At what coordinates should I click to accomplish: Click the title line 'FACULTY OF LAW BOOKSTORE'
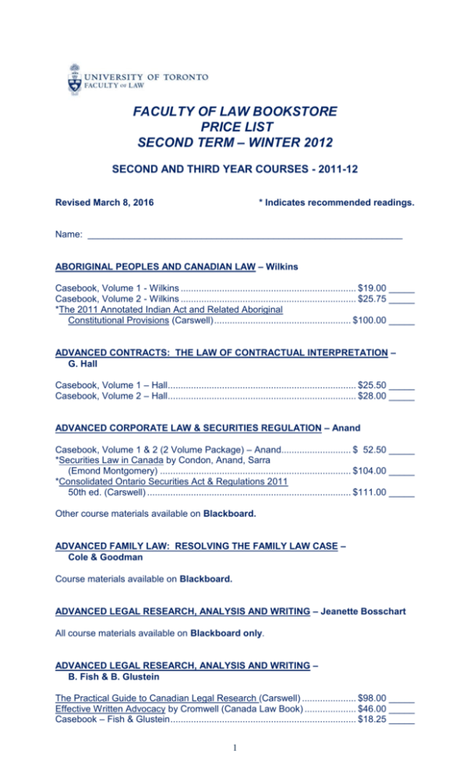234,112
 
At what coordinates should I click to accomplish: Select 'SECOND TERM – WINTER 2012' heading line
234,143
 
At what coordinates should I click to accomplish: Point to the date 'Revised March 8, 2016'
104,203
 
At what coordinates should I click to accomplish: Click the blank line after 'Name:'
245,234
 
